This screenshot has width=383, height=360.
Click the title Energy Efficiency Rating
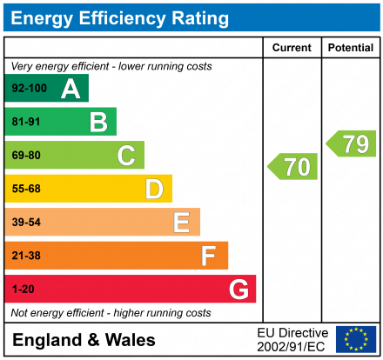120,17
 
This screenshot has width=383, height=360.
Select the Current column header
292,48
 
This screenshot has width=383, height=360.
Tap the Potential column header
350,48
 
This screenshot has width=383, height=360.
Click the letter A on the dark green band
70,89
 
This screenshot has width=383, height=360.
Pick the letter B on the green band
98,122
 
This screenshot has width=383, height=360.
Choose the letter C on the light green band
126,156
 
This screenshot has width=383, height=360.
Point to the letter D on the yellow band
154,189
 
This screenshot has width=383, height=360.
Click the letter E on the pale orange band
181,223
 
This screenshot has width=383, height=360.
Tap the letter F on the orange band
209,256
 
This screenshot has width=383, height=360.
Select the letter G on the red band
238,289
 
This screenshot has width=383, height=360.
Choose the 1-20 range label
22,290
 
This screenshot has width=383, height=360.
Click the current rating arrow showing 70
293,166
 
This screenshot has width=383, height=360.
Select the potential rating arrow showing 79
352,143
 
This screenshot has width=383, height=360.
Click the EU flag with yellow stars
356,339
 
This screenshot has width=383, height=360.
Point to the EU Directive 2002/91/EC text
292,339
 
